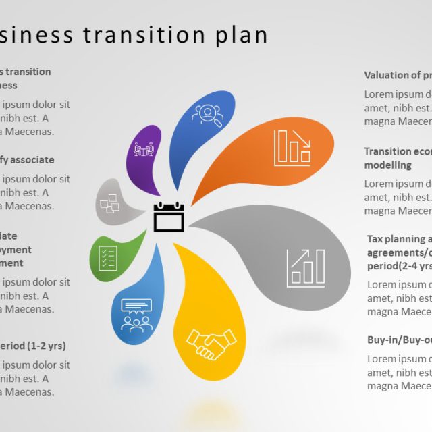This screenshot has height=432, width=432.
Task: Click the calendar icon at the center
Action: pyautogui.click(x=169, y=217)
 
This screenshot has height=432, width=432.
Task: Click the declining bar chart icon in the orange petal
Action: pyautogui.click(x=292, y=148)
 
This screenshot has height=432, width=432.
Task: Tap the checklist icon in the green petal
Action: pyautogui.click(x=108, y=256)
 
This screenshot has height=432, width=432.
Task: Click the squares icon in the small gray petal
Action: pyautogui.click(x=109, y=202)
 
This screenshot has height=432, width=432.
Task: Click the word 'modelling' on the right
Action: pyautogui.click(x=387, y=165)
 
